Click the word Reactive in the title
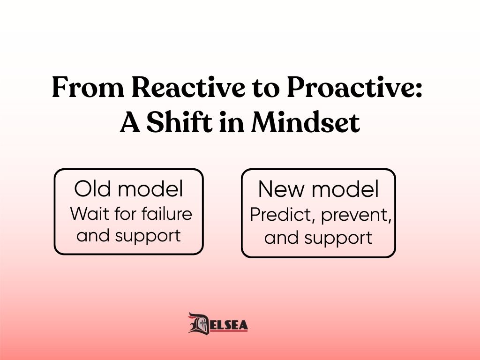coord(188,87)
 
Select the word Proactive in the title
coord(351,87)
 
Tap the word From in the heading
coord(88,87)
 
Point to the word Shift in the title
coord(180,122)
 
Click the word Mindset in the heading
coord(306,122)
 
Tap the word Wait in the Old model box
coord(90,213)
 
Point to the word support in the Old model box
coord(148,236)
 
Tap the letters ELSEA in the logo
coord(229,325)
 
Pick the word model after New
coord(345,189)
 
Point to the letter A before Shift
coord(130,122)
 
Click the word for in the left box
coord(126,213)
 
